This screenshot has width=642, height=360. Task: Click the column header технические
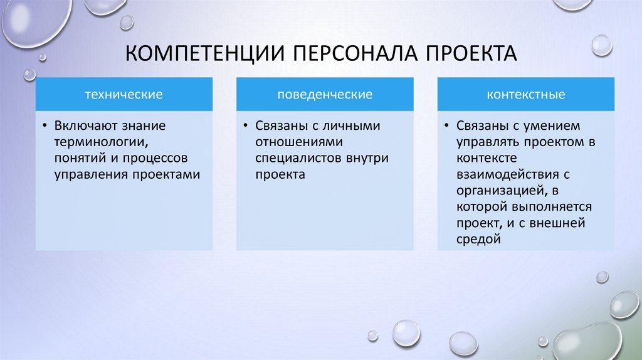pos(124,95)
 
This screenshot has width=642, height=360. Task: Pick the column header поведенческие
pos(325,95)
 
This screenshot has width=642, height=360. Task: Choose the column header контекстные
pos(526,95)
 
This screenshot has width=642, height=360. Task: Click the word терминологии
pos(95,142)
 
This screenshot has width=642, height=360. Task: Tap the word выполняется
pos(558,207)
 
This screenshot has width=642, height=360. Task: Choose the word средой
pos(478,239)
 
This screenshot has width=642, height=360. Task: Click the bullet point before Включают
pos(46,126)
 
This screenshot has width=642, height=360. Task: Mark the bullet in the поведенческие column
pos(246,126)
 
